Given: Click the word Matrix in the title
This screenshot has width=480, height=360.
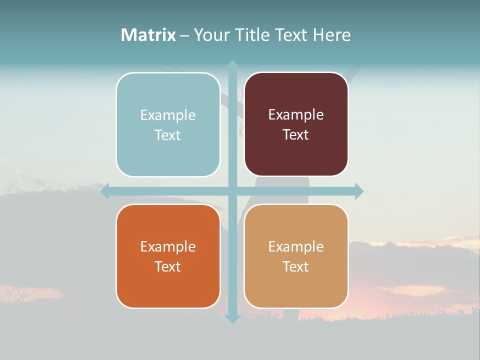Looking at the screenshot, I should pyautogui.click(x=148, y=35).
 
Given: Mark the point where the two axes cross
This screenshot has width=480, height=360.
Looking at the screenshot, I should pyautogui.click(x=232, y=191).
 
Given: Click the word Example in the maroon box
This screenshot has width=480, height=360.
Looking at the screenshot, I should pyautogui.click(x=296, y=115).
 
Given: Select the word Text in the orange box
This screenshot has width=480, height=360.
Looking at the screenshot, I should pyautogui.click(x=167, y=266).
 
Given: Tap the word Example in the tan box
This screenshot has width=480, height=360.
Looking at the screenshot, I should pyautogui.click(x=296, y=246).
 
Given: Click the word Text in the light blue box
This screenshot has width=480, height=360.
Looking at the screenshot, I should pyautogui.click(x=167, y=135).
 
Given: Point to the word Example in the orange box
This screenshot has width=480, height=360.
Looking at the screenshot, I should pyautogui.click(x=168, y=246).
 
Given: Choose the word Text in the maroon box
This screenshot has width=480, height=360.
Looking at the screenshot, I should pyautogui.click(x=295, y=134).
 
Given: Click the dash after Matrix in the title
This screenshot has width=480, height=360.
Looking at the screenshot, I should pyautogui.click(x=184, y=35).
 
